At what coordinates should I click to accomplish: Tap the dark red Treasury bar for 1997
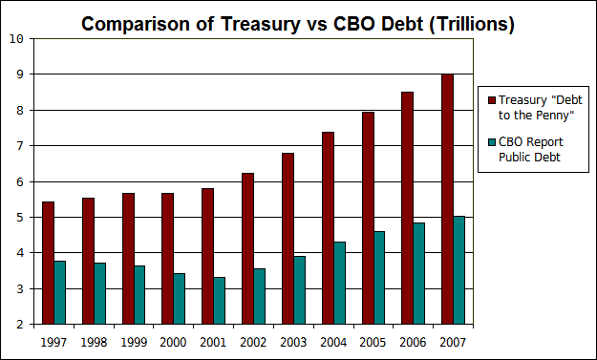[x=48, y=263]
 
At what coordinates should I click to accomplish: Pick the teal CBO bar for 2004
[x=339, y=283]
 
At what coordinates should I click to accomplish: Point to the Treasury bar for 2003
[x=288, y=238]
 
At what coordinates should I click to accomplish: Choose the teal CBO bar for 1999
[x=139, y=294]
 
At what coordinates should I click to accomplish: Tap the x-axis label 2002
[x=253, y=340]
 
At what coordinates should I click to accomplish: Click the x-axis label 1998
[x=94, y=340]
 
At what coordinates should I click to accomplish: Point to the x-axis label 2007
[x=453, y=340]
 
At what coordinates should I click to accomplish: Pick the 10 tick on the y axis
[x=18, y=38]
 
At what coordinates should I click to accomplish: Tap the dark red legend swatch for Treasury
[x=492, y=99]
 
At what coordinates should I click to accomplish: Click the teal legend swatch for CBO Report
[x=492, y=142]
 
